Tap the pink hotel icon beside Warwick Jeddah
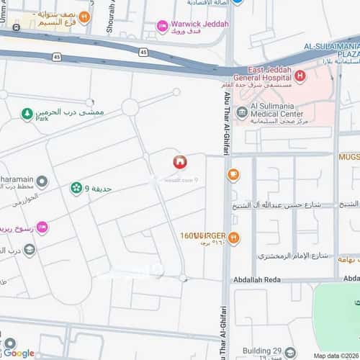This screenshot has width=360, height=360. (163, 27)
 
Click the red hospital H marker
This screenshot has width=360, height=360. (298, 76)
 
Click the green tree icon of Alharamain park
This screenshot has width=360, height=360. (27, 114)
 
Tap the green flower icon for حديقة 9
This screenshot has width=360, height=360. (76, 189)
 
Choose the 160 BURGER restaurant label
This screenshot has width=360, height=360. (204, 235)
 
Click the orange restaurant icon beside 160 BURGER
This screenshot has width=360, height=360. (234, 237)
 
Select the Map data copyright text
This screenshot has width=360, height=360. (336, 356)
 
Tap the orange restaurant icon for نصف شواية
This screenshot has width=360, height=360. (85, 16)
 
